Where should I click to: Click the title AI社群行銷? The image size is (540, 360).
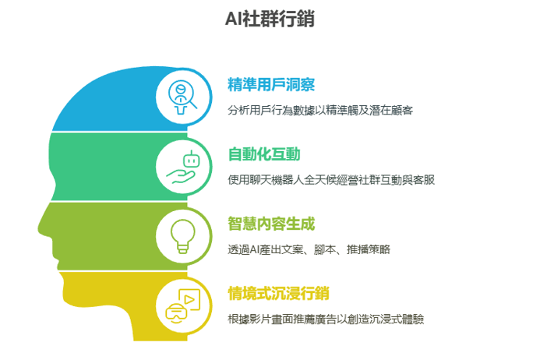click(x=270, y=19)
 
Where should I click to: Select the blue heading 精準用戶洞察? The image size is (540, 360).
click(x=271, y=85)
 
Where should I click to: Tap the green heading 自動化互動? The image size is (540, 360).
click(x=264, y=154)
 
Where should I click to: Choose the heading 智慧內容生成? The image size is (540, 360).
click(x=271, y=224)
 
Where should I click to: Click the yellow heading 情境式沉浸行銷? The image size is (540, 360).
click(x=278, y=294)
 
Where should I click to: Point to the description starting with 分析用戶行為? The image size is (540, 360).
click(x=320, y=110)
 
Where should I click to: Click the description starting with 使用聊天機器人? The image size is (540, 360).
click(x=331, y=180)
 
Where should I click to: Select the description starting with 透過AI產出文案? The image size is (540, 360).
click(x=309, y=249)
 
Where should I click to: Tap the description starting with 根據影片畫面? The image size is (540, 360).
click(x=326, y=319)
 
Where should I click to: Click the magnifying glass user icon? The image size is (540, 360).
click(x=182, y=97)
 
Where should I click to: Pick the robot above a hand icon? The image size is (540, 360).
click(x=183, y=167)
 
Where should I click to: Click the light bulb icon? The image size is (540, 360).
click(x=183, y=236)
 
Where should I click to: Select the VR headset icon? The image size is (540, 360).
click(x=176, y=313)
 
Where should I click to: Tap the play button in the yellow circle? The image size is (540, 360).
click(x=189, y=299)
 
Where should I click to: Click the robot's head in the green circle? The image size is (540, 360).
click(x=191, y=160)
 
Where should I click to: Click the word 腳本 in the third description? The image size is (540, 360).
click(x=325, y=249)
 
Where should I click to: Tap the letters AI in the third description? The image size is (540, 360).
click(x=254, y=249)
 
